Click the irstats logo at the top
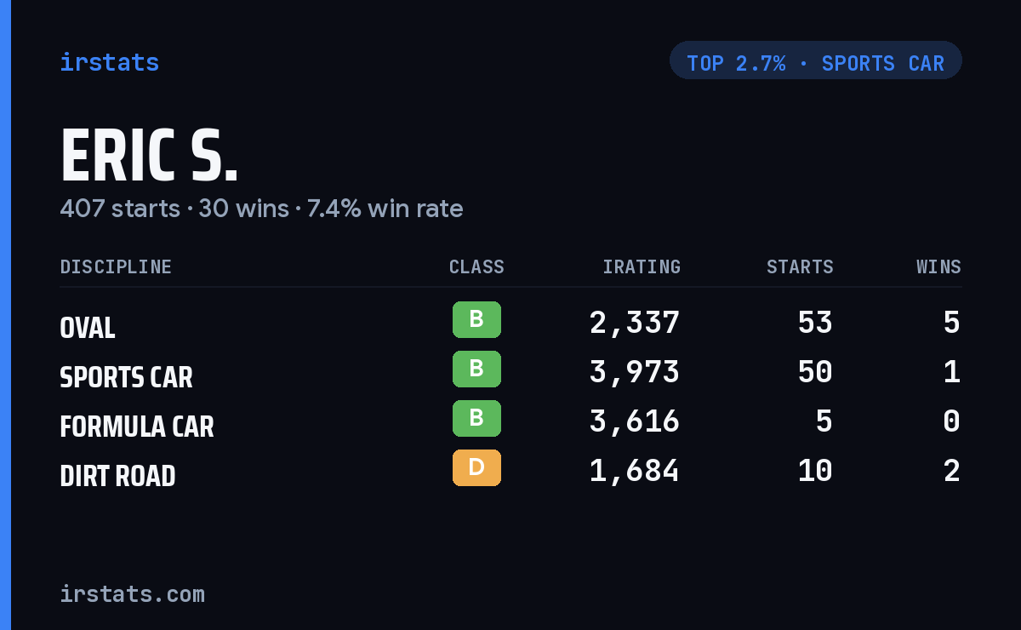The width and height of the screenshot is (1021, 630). tap(110, 62)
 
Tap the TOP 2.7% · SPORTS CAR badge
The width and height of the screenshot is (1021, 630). tap(815, 60)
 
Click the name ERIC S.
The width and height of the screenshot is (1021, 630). tap(149, 155)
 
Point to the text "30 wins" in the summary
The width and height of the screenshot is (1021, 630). tap(243, 209)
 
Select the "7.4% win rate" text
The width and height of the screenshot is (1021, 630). tap(385, 209)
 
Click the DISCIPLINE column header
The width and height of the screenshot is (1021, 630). tap(116, 266)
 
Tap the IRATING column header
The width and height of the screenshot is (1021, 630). tap(642, 266)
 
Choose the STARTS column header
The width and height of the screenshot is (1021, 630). tap(800, 266)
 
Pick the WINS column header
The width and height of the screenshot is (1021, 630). tap(939, 266)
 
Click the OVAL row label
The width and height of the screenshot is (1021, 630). tap(88, 328)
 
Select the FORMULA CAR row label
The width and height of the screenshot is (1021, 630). tap(137, 427)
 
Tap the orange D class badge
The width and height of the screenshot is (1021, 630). tap(476, 467)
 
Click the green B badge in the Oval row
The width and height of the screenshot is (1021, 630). tap(476, 319)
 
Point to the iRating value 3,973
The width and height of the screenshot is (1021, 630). tap(635, 372)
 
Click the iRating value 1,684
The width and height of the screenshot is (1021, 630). tap(635, 471)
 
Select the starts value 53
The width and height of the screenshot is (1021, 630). tap(815, 323)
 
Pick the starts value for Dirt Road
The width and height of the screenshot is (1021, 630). tap(815, 471)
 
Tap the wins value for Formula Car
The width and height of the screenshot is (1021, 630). tap(952, 421)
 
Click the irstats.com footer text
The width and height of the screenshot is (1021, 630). tap(133, 594)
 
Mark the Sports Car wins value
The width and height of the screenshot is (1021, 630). tap(952, 372)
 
